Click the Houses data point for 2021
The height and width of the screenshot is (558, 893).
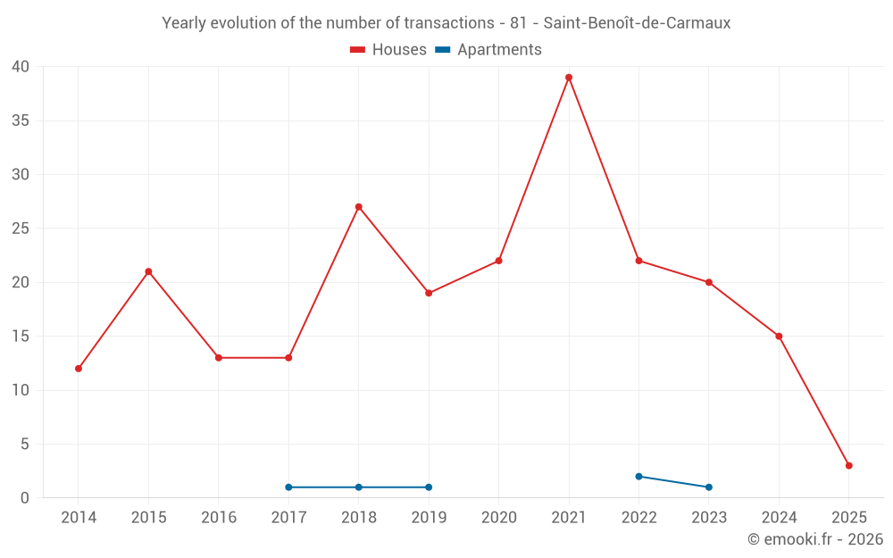(569, 78)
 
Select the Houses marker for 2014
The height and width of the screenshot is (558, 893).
(79, 369)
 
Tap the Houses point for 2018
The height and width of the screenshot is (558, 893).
(359, 207)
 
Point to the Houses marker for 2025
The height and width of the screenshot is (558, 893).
(849, 465)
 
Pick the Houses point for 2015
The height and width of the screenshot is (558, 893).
(148, 271)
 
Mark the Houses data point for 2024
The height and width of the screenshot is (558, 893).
(779, 337)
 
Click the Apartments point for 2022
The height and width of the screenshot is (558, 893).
(638, 476)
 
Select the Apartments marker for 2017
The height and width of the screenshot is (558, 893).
(288, 487)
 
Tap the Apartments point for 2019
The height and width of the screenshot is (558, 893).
(429, 487)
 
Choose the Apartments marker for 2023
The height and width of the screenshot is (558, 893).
(709, 487)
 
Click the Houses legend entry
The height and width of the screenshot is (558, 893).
(388, 50)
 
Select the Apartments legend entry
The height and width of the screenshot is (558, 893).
(488, 50)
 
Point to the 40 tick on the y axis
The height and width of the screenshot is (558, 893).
(21, 67)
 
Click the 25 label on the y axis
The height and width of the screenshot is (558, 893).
(21, 229)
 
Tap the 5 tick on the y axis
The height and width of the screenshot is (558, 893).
(25, 444)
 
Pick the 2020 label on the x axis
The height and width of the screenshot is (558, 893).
(499, 518)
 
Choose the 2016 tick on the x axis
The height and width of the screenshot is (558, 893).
(219, 518)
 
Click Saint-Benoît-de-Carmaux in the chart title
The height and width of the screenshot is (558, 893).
(637, 23)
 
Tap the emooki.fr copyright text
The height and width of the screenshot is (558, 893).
(815, 539)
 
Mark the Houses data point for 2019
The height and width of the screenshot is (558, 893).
(429, 293)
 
